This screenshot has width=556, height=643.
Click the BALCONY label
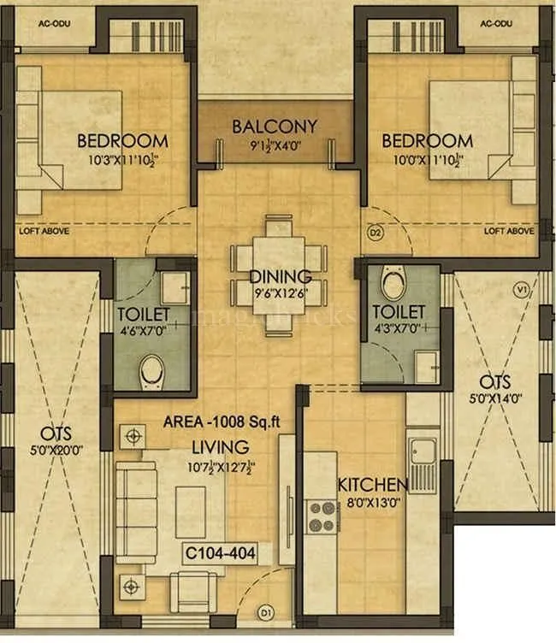(x=275, y=127)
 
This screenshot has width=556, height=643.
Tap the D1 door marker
(x=266, y=612)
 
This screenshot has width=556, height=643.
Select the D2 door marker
(x=373, y=231)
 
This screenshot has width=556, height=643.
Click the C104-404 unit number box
(x=220, y=552)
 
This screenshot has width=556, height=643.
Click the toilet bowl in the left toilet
(x=152, y=370)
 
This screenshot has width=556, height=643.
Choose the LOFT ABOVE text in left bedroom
(x=44, y=232)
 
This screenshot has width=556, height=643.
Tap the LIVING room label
(x=221, y=446)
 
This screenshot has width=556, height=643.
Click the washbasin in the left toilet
(x=174, y=284)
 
